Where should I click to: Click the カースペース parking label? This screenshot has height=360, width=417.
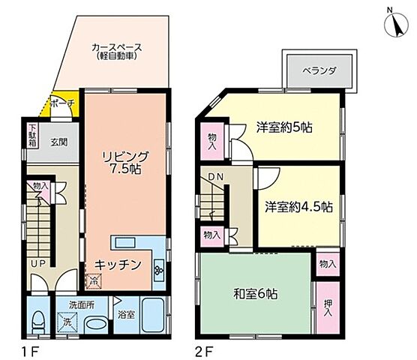tap(116, 52)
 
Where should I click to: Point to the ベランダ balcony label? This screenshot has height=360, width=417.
tap(319, 70)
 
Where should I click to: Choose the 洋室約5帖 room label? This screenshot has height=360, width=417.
tap(283, 127)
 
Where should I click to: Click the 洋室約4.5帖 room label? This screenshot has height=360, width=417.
tap(298, 206)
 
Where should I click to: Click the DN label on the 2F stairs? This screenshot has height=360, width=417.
tap(215, 176)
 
